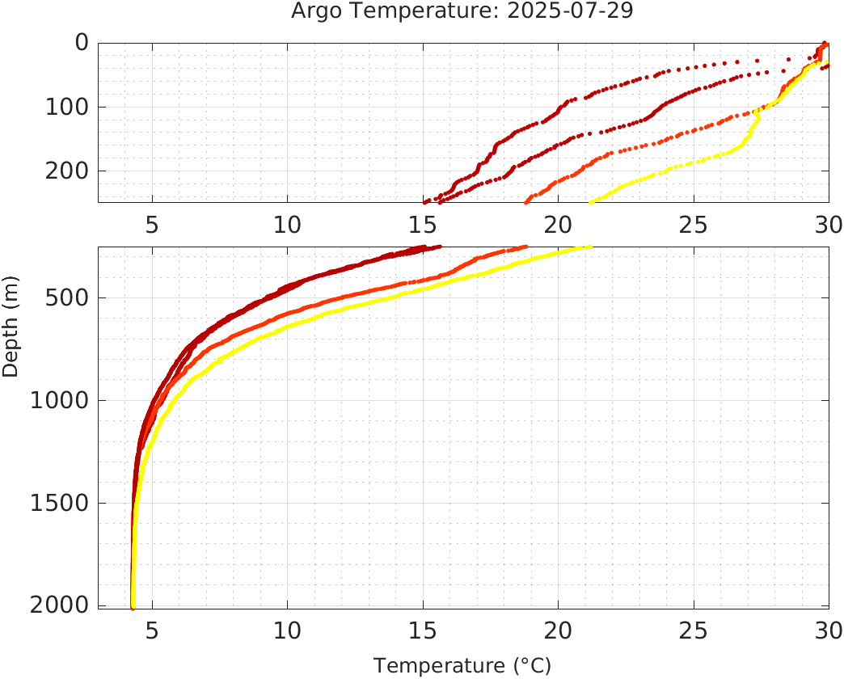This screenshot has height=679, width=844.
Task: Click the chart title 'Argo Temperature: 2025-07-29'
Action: (462, 11)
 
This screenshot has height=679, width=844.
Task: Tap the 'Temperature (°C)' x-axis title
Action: (462, 665)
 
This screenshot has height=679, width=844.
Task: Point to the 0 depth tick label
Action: (81, 43)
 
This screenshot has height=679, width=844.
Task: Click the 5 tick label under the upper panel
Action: (152, 224)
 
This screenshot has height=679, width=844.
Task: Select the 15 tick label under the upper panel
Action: (423, 224)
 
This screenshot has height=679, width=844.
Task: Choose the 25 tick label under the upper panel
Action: (694, 224)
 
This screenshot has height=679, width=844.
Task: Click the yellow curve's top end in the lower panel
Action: (590, 247)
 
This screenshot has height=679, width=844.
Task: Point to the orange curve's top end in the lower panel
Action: (525, 247)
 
